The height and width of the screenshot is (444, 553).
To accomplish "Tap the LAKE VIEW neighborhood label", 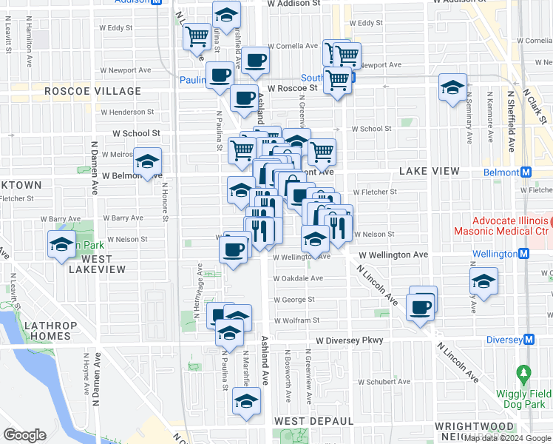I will [x=430, y=171].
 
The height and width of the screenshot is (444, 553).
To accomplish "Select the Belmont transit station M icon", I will [x=526, y=172].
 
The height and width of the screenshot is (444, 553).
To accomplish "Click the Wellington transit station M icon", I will [x=524, y=254].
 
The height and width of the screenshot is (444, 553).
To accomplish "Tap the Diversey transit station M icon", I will [x=529, y=340].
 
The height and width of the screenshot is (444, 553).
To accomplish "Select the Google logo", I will [x=24, y=435].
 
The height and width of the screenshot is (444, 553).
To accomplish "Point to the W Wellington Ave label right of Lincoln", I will [x=393, y=255].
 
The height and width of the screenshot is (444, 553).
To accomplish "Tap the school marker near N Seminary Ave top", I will [x=452, y=87].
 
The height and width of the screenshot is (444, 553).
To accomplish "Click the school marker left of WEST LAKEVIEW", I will [x=61, y=244].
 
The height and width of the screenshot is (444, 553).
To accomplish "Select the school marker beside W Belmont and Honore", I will [x=147, y=162].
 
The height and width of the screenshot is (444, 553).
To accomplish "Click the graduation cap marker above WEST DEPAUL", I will [x=246, y=402].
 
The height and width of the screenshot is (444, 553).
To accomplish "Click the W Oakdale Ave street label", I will [x=298, y=279].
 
